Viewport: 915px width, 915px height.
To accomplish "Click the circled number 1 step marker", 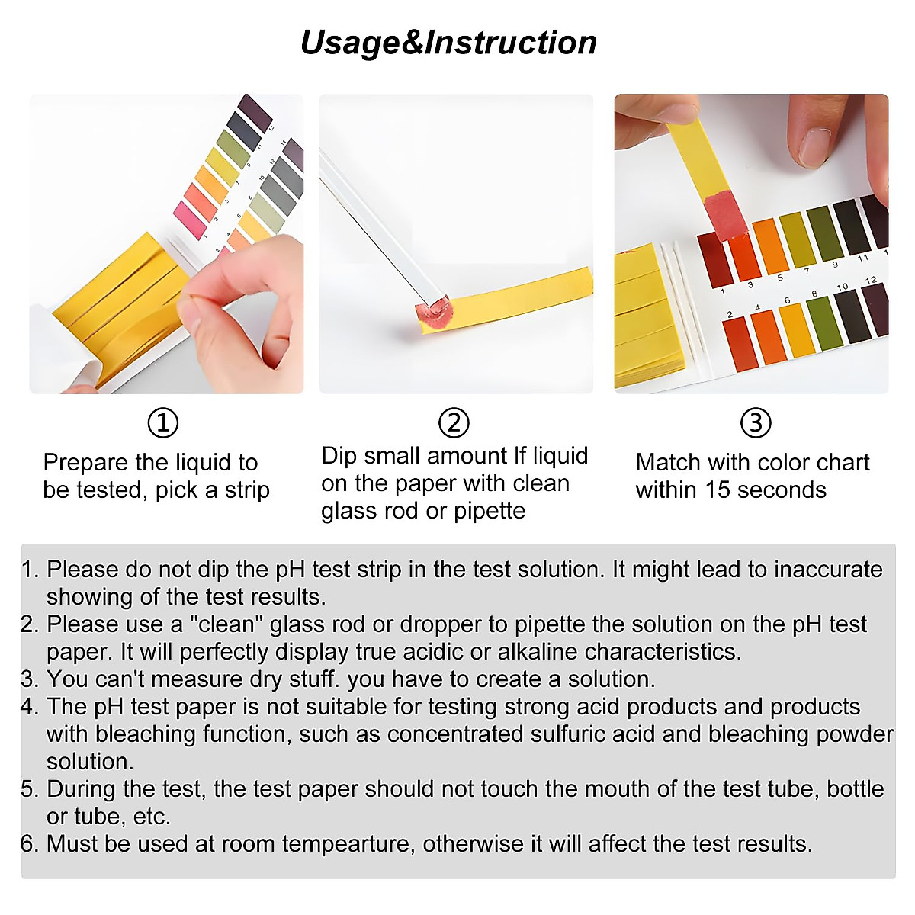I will [162, 422].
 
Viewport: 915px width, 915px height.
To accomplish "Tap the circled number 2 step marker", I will [454, 422].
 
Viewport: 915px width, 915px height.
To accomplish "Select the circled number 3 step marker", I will [756, 422].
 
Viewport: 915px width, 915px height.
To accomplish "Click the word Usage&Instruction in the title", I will [448, 43].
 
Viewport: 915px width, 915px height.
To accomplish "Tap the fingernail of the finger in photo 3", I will [814, 146].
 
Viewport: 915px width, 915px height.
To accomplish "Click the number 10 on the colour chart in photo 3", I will [842, 287].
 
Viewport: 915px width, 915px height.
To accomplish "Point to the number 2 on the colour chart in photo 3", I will [730, 314].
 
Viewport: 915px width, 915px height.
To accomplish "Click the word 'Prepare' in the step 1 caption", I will [86, 463].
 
